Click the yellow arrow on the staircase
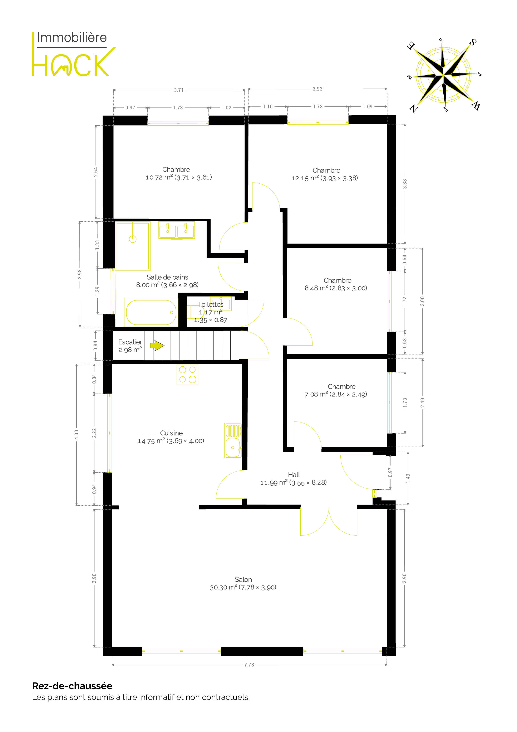pos(157,346)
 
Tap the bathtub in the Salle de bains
pos(151,312)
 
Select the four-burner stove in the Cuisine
pos(188,374)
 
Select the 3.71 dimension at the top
pos(179,90)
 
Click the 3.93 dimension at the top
pos(317,89)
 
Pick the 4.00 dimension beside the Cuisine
pos(77,434)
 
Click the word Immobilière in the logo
pos(72,38)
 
